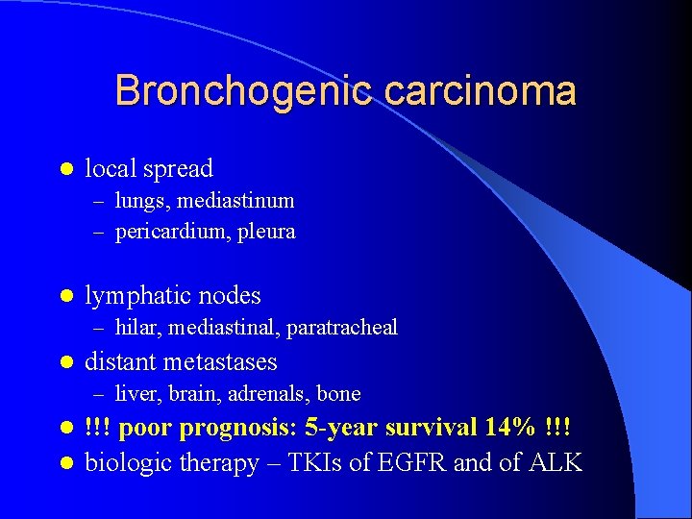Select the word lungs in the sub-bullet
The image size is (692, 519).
click(x=140, y=201)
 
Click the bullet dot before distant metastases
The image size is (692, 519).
click(x=65, y=363)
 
